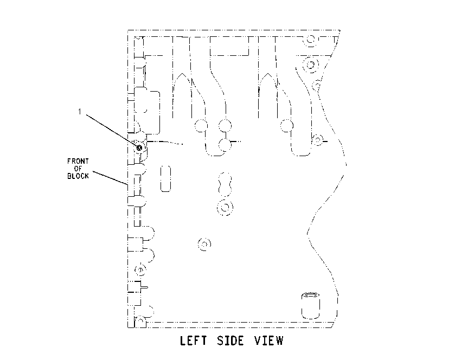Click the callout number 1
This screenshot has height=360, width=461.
pyautogui.click(x=79, y=112)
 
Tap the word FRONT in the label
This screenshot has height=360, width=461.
pyautogui.click(x=78, y=161)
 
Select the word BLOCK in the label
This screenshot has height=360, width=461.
pyautogui.click(x=78, y=176)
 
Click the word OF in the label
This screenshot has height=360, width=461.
pyautogui.click(x=78, y=169)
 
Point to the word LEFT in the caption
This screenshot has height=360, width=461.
pyautogui.click(x=193, y=340)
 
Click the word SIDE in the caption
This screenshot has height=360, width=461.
pyautogui.click(x=230, y=340)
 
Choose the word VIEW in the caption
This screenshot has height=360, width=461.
pyautogui.click(x=268, y=340)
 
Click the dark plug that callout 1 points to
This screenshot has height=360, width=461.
pyautogui.click(x=139, y=147)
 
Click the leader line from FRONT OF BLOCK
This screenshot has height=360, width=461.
pyautogui.click(x=110, y=178)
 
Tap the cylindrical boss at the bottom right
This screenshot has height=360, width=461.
pyautogui.click(x=310, y=306)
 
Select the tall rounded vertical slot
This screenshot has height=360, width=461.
pyautogui.click(x=165, y=179)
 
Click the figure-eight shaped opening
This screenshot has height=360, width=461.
pyautogui.click(x=225, y=184)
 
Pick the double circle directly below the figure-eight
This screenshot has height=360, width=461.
pyautogui.click(x=225, y=208)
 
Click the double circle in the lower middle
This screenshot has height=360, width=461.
pyautogui.click(x=204, y=244)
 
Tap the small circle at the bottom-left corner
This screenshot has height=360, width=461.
pyautogui.click(x=140, y=320)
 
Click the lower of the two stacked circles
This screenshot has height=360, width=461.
pyautogui.click(x=225, y=145)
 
